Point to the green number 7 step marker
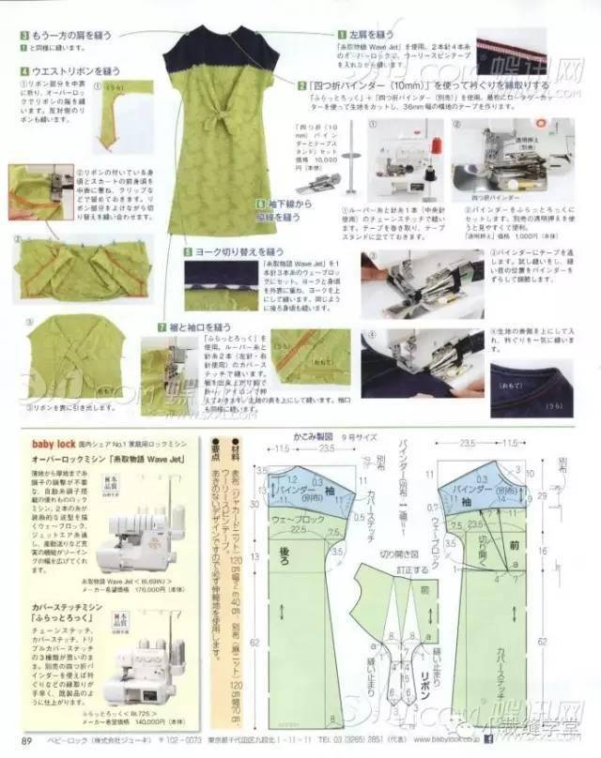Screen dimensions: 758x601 [x=162, y=326]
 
